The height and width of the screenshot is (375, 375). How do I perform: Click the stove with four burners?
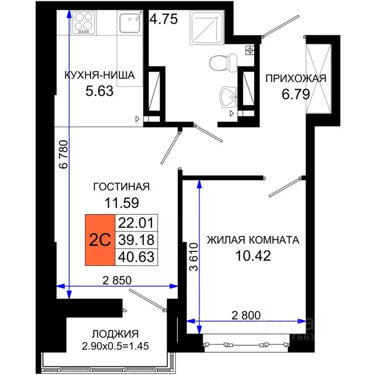tap(83, 23)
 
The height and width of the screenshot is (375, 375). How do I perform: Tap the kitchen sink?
tap(129, 23)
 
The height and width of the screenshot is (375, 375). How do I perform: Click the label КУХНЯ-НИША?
tap(99, 75)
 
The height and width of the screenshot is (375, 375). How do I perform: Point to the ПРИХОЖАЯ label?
tap(295, 78)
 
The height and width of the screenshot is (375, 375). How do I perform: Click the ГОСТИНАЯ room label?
tap(121, 187)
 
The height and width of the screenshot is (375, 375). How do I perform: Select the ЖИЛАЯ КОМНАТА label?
tap(252, 240)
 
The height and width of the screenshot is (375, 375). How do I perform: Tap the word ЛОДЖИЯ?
tap(115, 334)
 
